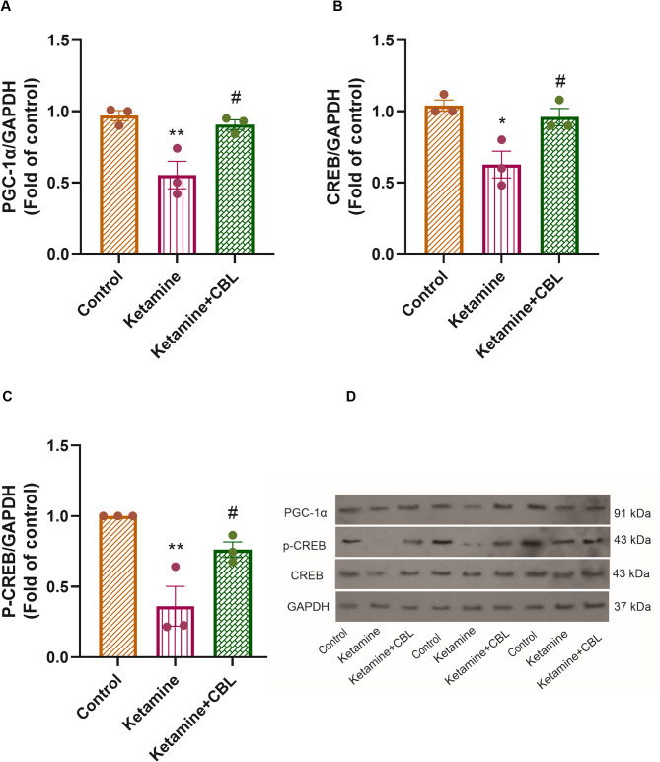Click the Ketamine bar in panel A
pyautogui.click(x=177, y=214)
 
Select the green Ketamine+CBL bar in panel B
pyautogui.click(x=559, y=186)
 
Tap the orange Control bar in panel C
pyautogui.click(x=118, y=587)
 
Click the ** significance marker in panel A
pyautogui.click(x=177, y=133)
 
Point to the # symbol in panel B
pyautogui.click(x=560, y=81)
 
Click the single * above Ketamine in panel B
pyautogui.click(x=502, y=121)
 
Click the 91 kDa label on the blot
pyautogui.click(x=632, y=513)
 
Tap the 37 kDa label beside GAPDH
pyautogui.click(x=632, y=606)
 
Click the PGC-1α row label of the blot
pyautogui.click(x=306, y=512)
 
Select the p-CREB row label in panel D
pyautogui.click(x=305, y=546)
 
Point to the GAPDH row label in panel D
pyautogui.click(x=308, y=606)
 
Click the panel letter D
pyautogui.click(x=350, y=397)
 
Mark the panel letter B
pyautogui.click(x=337, y=6)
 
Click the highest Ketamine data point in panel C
pyautogui.click(x=176, y=567)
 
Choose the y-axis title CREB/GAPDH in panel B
pyautogui.click(x=335, y=146)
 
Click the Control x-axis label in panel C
pyautogui.click(x=99, y=697)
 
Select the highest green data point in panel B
pyautogui.click(x=559, y=100)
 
